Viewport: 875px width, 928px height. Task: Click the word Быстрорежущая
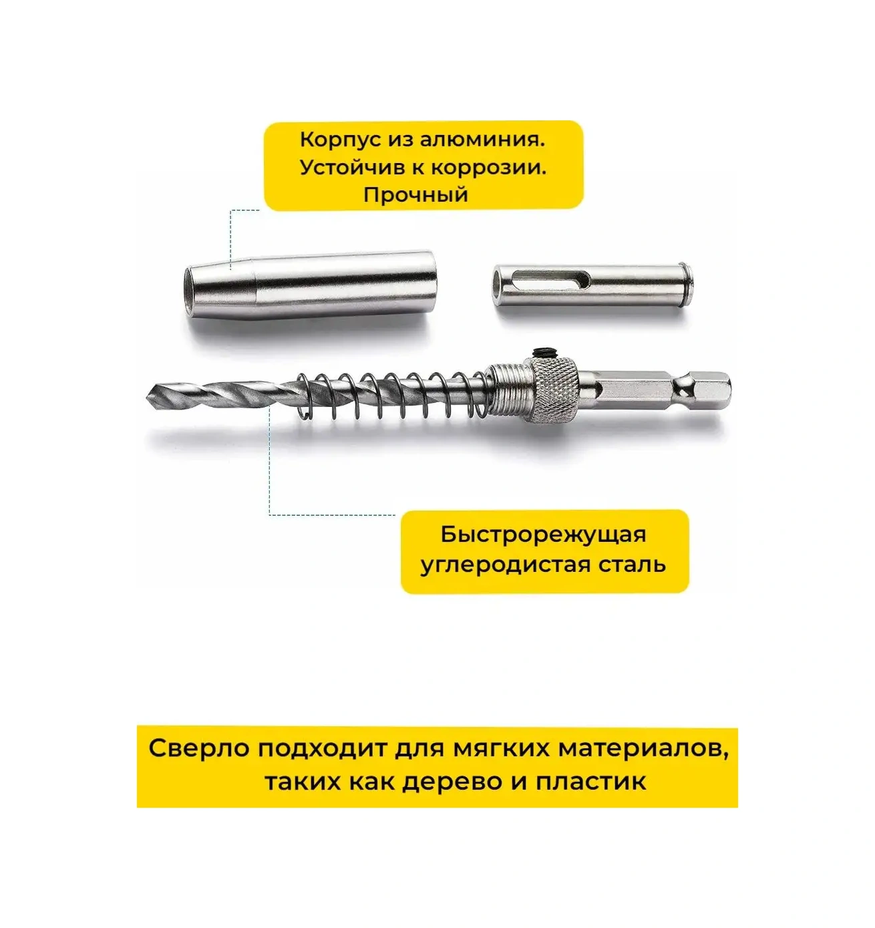pos(543,534)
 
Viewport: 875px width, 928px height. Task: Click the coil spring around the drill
pos(393,396)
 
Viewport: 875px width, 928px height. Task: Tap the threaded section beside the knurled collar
pos(508,392)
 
